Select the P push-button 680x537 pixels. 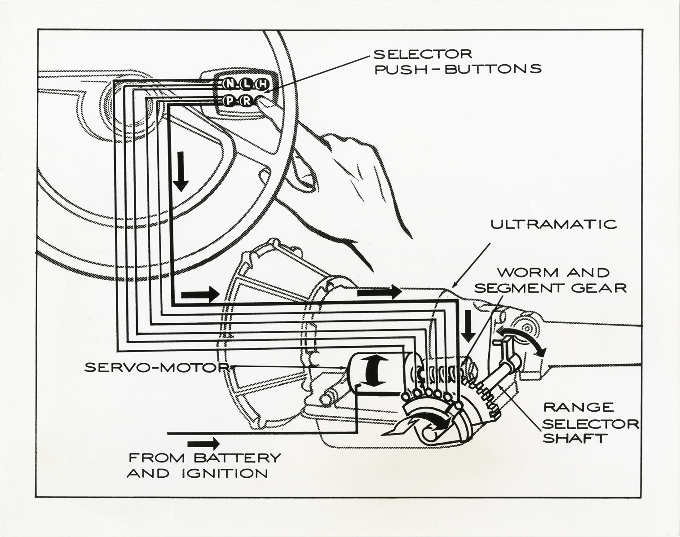click(x=229, y=101)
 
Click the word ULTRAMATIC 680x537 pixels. click(x=553, y=224)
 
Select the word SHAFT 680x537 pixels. click(x=573, y=438)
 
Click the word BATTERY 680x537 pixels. click(x=236, y=458)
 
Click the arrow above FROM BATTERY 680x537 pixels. click(x=203, y=444)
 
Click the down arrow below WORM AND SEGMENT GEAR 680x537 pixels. click(x=469, y=325)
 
